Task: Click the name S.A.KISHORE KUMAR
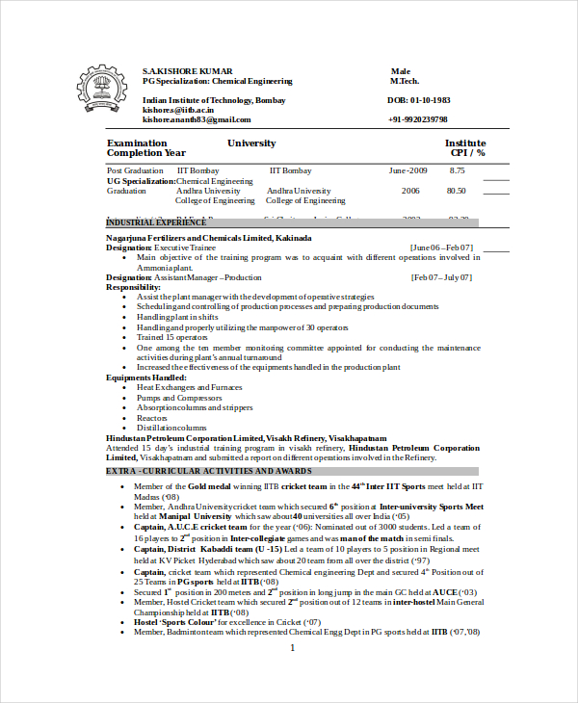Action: [x=188, y=72]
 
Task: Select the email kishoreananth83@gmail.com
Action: [x=197, y=119]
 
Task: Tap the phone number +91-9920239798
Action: [x=418, y=119]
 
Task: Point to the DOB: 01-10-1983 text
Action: [x=419, y=100]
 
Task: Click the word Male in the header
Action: [x=401, y=72]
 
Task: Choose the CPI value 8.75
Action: [x=457, y=170]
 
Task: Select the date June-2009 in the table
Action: [x=408, y=170]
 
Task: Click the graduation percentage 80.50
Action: [x=457, y=191]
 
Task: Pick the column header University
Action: [x=251, y=143]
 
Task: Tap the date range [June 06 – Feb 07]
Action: [x=441, y=247]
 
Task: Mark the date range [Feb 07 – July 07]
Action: [x=441, y=277]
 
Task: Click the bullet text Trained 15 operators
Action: [x=171, y=337]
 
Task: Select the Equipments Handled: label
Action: [x=145, y=378]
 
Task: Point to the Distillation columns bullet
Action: [x=171, y=428]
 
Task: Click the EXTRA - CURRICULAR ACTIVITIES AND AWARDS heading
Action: [x=209, y=471]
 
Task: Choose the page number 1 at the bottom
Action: [x=292, y=648]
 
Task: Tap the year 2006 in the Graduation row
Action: [x=410, y=191]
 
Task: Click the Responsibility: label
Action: [x=134, y=287]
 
